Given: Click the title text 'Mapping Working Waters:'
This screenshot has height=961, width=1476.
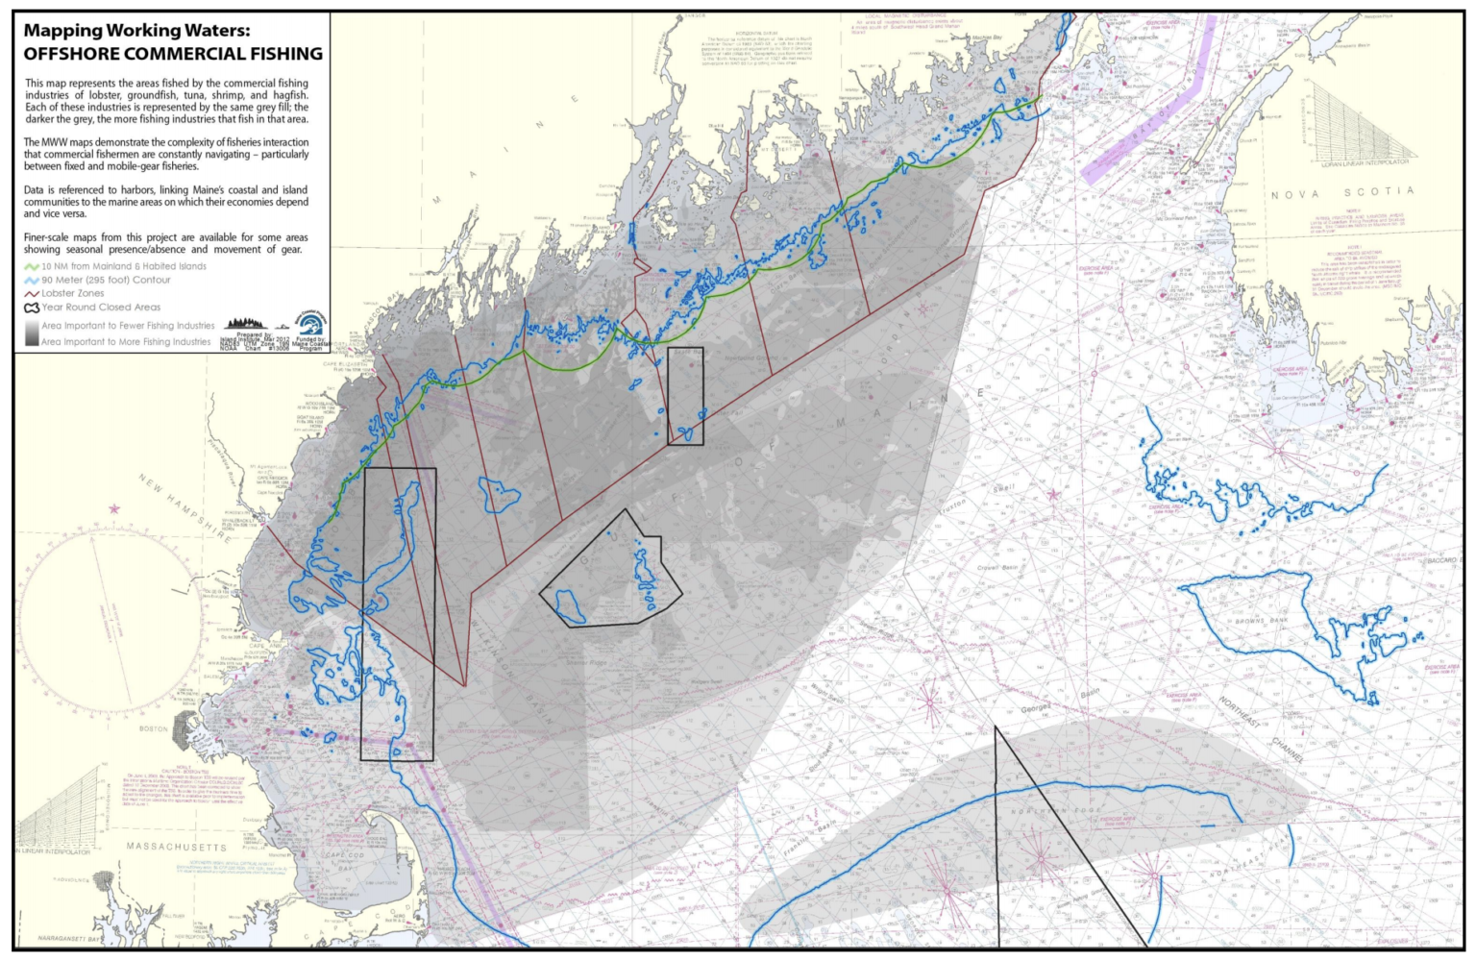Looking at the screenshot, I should point(136,31).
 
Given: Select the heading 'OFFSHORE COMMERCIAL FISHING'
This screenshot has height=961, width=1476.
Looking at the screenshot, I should point(173,54).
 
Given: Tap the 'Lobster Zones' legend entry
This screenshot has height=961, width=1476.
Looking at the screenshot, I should point(72,293).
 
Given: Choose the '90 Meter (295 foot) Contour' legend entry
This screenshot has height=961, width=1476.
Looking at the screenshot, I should point(106,280).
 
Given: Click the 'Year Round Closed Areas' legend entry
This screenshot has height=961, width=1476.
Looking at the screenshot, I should point(101,308).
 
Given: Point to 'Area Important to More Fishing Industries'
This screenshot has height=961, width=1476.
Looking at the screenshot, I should point(125,341).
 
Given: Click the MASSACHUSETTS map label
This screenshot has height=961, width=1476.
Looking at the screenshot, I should point(177,847).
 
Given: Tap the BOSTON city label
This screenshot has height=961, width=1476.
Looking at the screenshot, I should point(154,729).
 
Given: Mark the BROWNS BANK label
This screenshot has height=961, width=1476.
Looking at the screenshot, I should point(1263,621).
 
